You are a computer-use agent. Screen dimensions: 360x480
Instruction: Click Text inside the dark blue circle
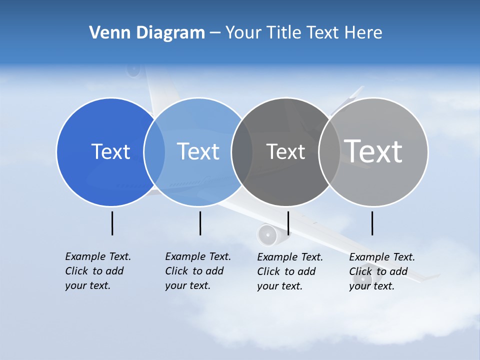coord(110,151)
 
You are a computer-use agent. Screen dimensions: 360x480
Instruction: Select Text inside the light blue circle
coord(198,151)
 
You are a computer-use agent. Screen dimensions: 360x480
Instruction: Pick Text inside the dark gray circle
coord(285,151)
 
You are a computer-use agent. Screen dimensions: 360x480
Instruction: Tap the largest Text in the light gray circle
coord(373,151)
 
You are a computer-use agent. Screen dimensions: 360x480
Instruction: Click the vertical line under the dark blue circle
coord(112,223)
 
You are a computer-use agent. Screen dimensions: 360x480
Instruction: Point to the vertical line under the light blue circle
coord(200,223)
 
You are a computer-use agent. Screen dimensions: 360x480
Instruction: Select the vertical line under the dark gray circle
coord(288,223)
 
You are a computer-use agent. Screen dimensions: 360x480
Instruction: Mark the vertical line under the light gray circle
coord(372,223)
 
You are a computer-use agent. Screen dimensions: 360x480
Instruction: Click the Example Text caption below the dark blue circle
coord(97,271)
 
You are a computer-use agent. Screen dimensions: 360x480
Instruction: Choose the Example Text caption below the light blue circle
coord(197,271)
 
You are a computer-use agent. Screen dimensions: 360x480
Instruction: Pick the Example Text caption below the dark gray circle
coord(289,271)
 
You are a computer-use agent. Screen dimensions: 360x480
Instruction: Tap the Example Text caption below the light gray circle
coord(381,271)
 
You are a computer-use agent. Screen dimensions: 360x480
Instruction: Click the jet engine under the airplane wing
coord(267,234)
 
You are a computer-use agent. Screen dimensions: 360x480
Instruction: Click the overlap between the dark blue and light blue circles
coord(154,152)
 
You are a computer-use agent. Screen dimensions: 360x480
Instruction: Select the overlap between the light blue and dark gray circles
coord(242,152)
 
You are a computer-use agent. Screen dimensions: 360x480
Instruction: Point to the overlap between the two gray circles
coord(329,152)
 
